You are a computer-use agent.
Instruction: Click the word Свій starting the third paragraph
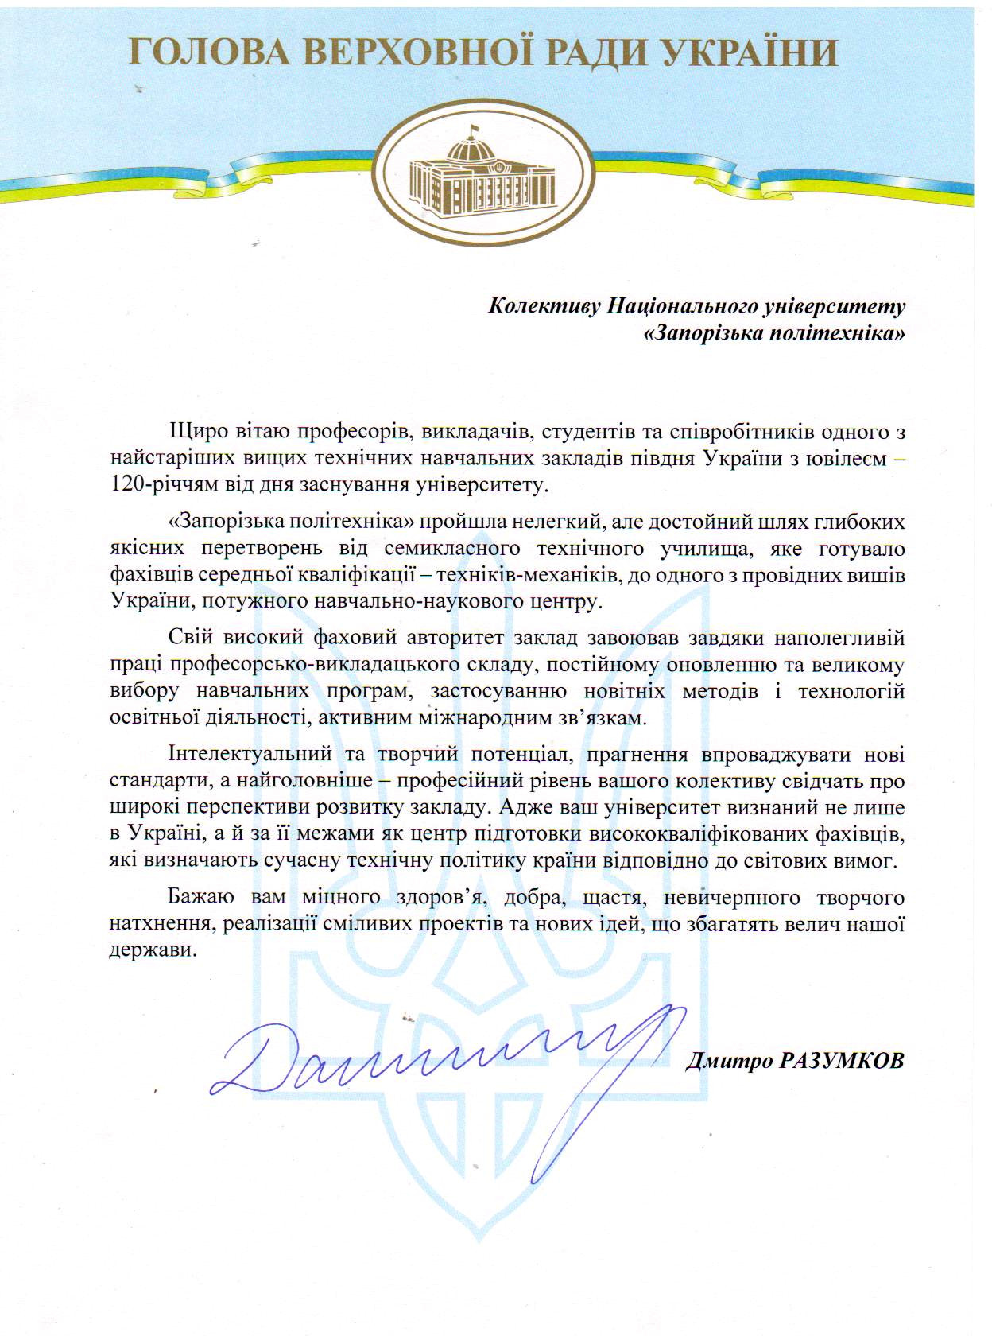(187, 638)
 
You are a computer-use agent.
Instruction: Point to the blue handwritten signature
(437, 1058)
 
